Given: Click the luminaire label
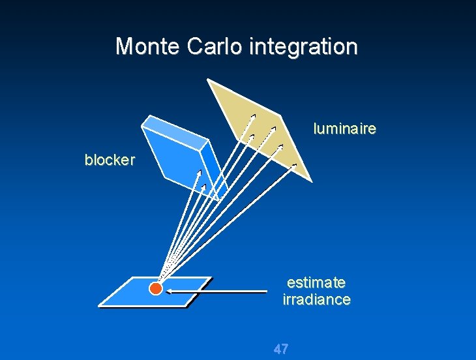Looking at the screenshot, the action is click(x=344, y=128).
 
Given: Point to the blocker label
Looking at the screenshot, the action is click(x=109, y=160).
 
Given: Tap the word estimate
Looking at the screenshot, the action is click(x=316, y=282).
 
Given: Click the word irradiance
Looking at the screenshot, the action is click(x=316, y=300).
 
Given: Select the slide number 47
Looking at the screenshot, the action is click(x=281, y=349).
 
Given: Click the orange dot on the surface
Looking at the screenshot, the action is click(x=155, y=289).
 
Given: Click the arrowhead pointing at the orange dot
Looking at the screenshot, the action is click(x=166, y=292).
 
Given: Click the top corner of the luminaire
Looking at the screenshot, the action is click(x=208, y=80).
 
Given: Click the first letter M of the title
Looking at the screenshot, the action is click(x=123, y=46).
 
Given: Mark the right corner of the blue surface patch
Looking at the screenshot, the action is click(x=211, y=278).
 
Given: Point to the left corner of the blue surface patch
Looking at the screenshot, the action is click(x=98, y=305).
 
